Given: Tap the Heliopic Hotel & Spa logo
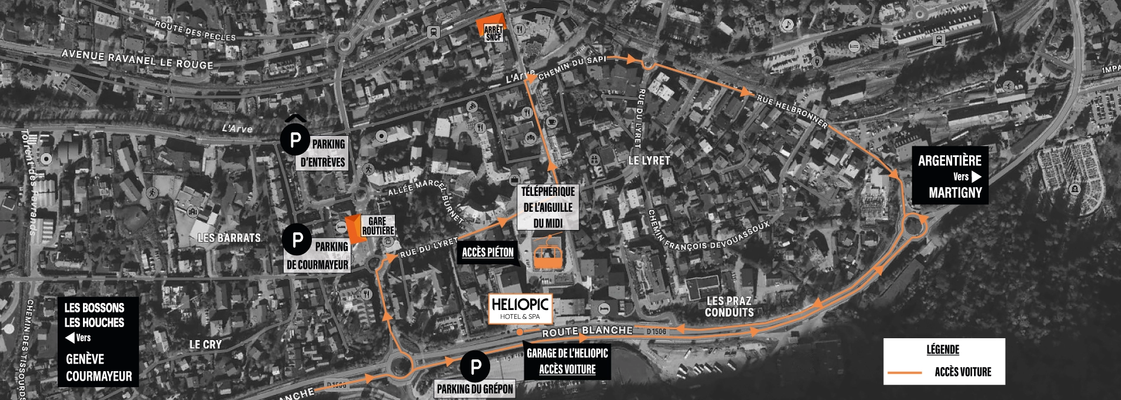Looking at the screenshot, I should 520,309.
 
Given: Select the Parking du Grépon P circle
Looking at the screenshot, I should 475,367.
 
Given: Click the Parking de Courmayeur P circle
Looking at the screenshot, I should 297,239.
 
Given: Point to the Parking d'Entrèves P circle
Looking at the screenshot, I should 295,140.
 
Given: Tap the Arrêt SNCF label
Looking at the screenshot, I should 493,33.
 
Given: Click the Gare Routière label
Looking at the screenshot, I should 377,226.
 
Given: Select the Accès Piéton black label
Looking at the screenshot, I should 487,252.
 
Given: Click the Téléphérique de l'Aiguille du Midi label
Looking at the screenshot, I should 547,207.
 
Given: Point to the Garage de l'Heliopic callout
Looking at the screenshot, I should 567,361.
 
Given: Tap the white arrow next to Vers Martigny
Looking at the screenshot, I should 976,176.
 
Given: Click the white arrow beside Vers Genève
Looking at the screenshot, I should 70,338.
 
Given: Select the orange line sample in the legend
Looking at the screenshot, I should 904,372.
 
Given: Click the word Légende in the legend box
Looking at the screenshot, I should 943,350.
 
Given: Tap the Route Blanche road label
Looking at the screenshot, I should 587,331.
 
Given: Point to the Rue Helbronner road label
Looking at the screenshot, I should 792,112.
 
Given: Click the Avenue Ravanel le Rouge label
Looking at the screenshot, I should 137,59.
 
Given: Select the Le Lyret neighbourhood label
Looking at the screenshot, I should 649,160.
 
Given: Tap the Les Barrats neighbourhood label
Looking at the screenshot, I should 229,238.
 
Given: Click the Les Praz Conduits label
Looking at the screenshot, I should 729,307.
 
